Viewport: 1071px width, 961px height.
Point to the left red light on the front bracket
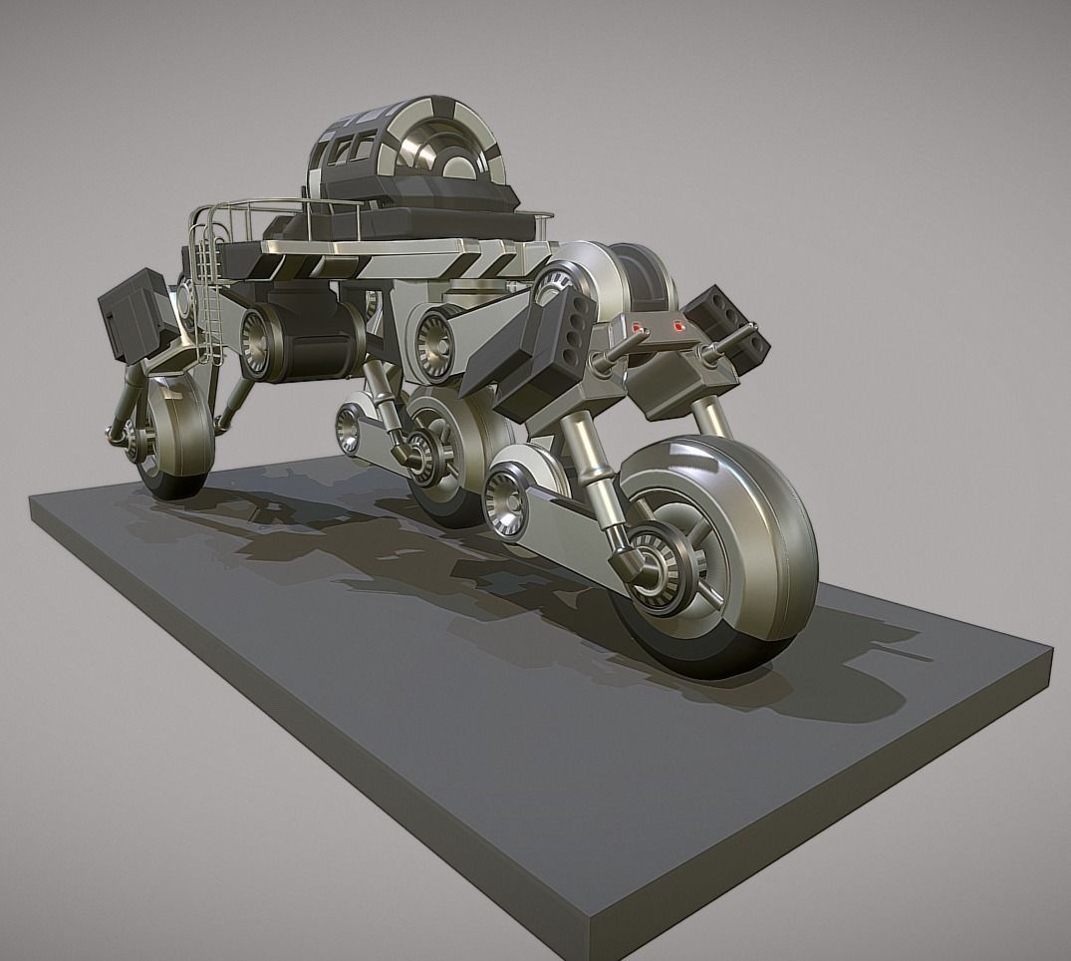(640, 326)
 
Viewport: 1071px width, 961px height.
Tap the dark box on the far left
(134, 311)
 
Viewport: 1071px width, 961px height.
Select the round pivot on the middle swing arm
(349, 428)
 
